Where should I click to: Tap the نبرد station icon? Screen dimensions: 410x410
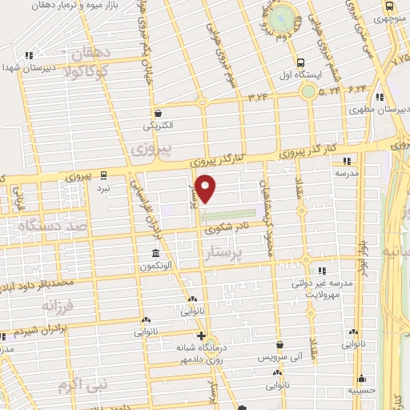(x=103, y=175)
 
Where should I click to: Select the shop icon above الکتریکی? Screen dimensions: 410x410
(x=158, y=113)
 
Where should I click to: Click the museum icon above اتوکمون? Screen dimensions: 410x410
(x=153, y=254)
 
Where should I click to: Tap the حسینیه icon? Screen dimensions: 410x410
(x=361, y=378)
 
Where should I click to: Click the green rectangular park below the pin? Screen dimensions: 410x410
(x=227, y=214)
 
